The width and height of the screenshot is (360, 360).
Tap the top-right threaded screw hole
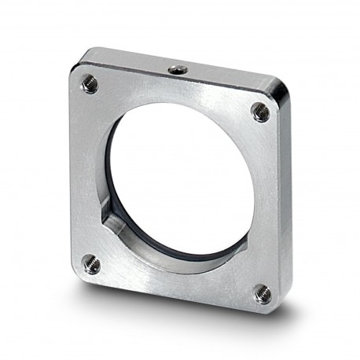pyautogui.click(x=260, y=112)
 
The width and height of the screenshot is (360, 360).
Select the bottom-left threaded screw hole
pyautogui.click(x=92, y=264)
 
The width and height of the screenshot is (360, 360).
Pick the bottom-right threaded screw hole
pyautogui.click(x=262, y=293)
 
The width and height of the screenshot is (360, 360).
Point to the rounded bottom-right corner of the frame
pyautogui.click(x=274, y=309)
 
